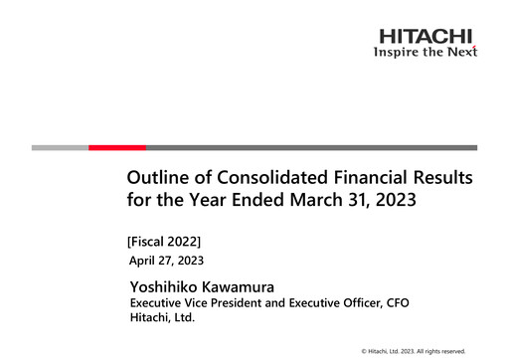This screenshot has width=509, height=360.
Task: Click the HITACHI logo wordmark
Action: pos(425,37)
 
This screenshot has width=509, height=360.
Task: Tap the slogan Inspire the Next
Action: pos(425,52)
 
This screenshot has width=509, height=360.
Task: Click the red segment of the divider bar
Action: pos(117,147)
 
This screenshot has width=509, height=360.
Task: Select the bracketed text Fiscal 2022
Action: pos(165,241)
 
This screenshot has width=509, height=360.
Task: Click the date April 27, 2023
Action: pos(167,261)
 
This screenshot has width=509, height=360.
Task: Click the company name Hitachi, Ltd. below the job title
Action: pos(163,318)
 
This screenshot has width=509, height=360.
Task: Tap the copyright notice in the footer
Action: pos(413,350)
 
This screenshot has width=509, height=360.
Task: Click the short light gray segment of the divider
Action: pos(60,147)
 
